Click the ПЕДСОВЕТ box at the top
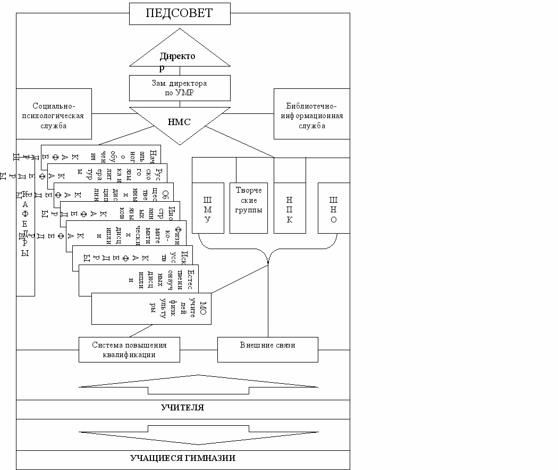click(x=180, y=13)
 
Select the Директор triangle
click(x=180, y=53)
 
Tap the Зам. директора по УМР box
click(x=180, y=88)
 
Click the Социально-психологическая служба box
click(x=54, y=113)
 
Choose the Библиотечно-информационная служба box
click(x=311, y=113)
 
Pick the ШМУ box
click(x=207, y=208)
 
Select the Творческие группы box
click(x=249, y=208)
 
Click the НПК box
click(x=290, y=208)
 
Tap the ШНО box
click(x=334, y=208)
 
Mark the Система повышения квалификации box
click(x=129, y=350)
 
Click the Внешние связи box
click(x=267, y=350)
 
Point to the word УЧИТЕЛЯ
click(x=182, y=408)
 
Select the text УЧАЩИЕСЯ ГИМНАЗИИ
click(x=182, y=458)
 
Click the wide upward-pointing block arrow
click(x=198, y=384)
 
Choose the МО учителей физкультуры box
click(x=151, y=309)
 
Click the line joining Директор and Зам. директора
click(x=180, y=71)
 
